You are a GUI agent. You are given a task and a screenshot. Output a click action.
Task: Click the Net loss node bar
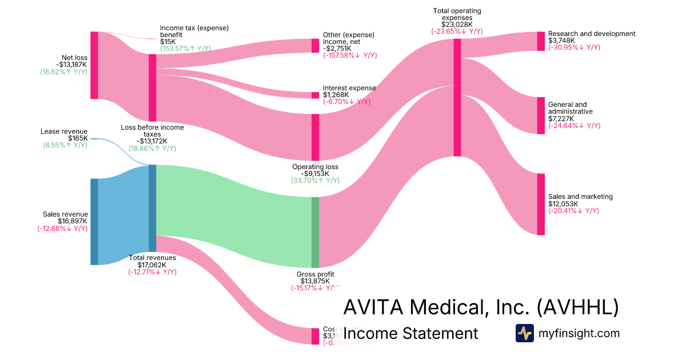click(x=94, y=65)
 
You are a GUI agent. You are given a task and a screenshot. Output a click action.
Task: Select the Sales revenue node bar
click(x=94, y=222)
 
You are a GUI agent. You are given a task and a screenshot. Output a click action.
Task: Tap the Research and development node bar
click(x=541, y=41)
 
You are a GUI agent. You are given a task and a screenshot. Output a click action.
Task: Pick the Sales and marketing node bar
click(x=541, y=204)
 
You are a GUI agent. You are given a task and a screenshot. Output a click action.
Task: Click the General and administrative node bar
click(x=541, y=115)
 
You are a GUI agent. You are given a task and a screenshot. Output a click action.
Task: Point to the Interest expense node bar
click(x=315, y=95)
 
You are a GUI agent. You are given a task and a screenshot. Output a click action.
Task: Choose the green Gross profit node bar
click(x=315, y=233)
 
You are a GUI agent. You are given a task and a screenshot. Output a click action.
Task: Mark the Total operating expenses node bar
click(x=457, y=97)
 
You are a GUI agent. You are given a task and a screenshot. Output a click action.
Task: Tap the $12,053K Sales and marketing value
click(x=563, y=204)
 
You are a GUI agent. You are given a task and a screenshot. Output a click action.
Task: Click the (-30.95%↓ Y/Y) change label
click(x=574, y=47)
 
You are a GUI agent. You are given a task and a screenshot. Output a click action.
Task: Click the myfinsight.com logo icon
click(x=525, y=333)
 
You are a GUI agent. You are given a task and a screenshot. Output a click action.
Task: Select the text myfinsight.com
click(x=579, y=333)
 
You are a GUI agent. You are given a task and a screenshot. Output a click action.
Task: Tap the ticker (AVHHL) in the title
click(x=578, y=307)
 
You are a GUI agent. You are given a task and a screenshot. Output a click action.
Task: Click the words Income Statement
click(x=410, y=333)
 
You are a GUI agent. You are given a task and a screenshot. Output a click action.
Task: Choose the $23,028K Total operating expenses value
click(x=457, y=25)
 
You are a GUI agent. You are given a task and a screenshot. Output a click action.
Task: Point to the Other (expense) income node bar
click(x=315, y=46)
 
